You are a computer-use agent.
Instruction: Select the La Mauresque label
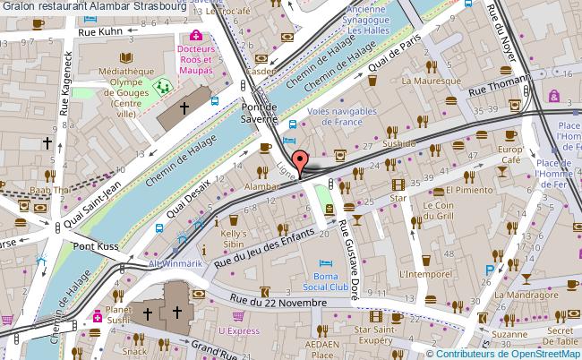(x=431, y=81)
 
